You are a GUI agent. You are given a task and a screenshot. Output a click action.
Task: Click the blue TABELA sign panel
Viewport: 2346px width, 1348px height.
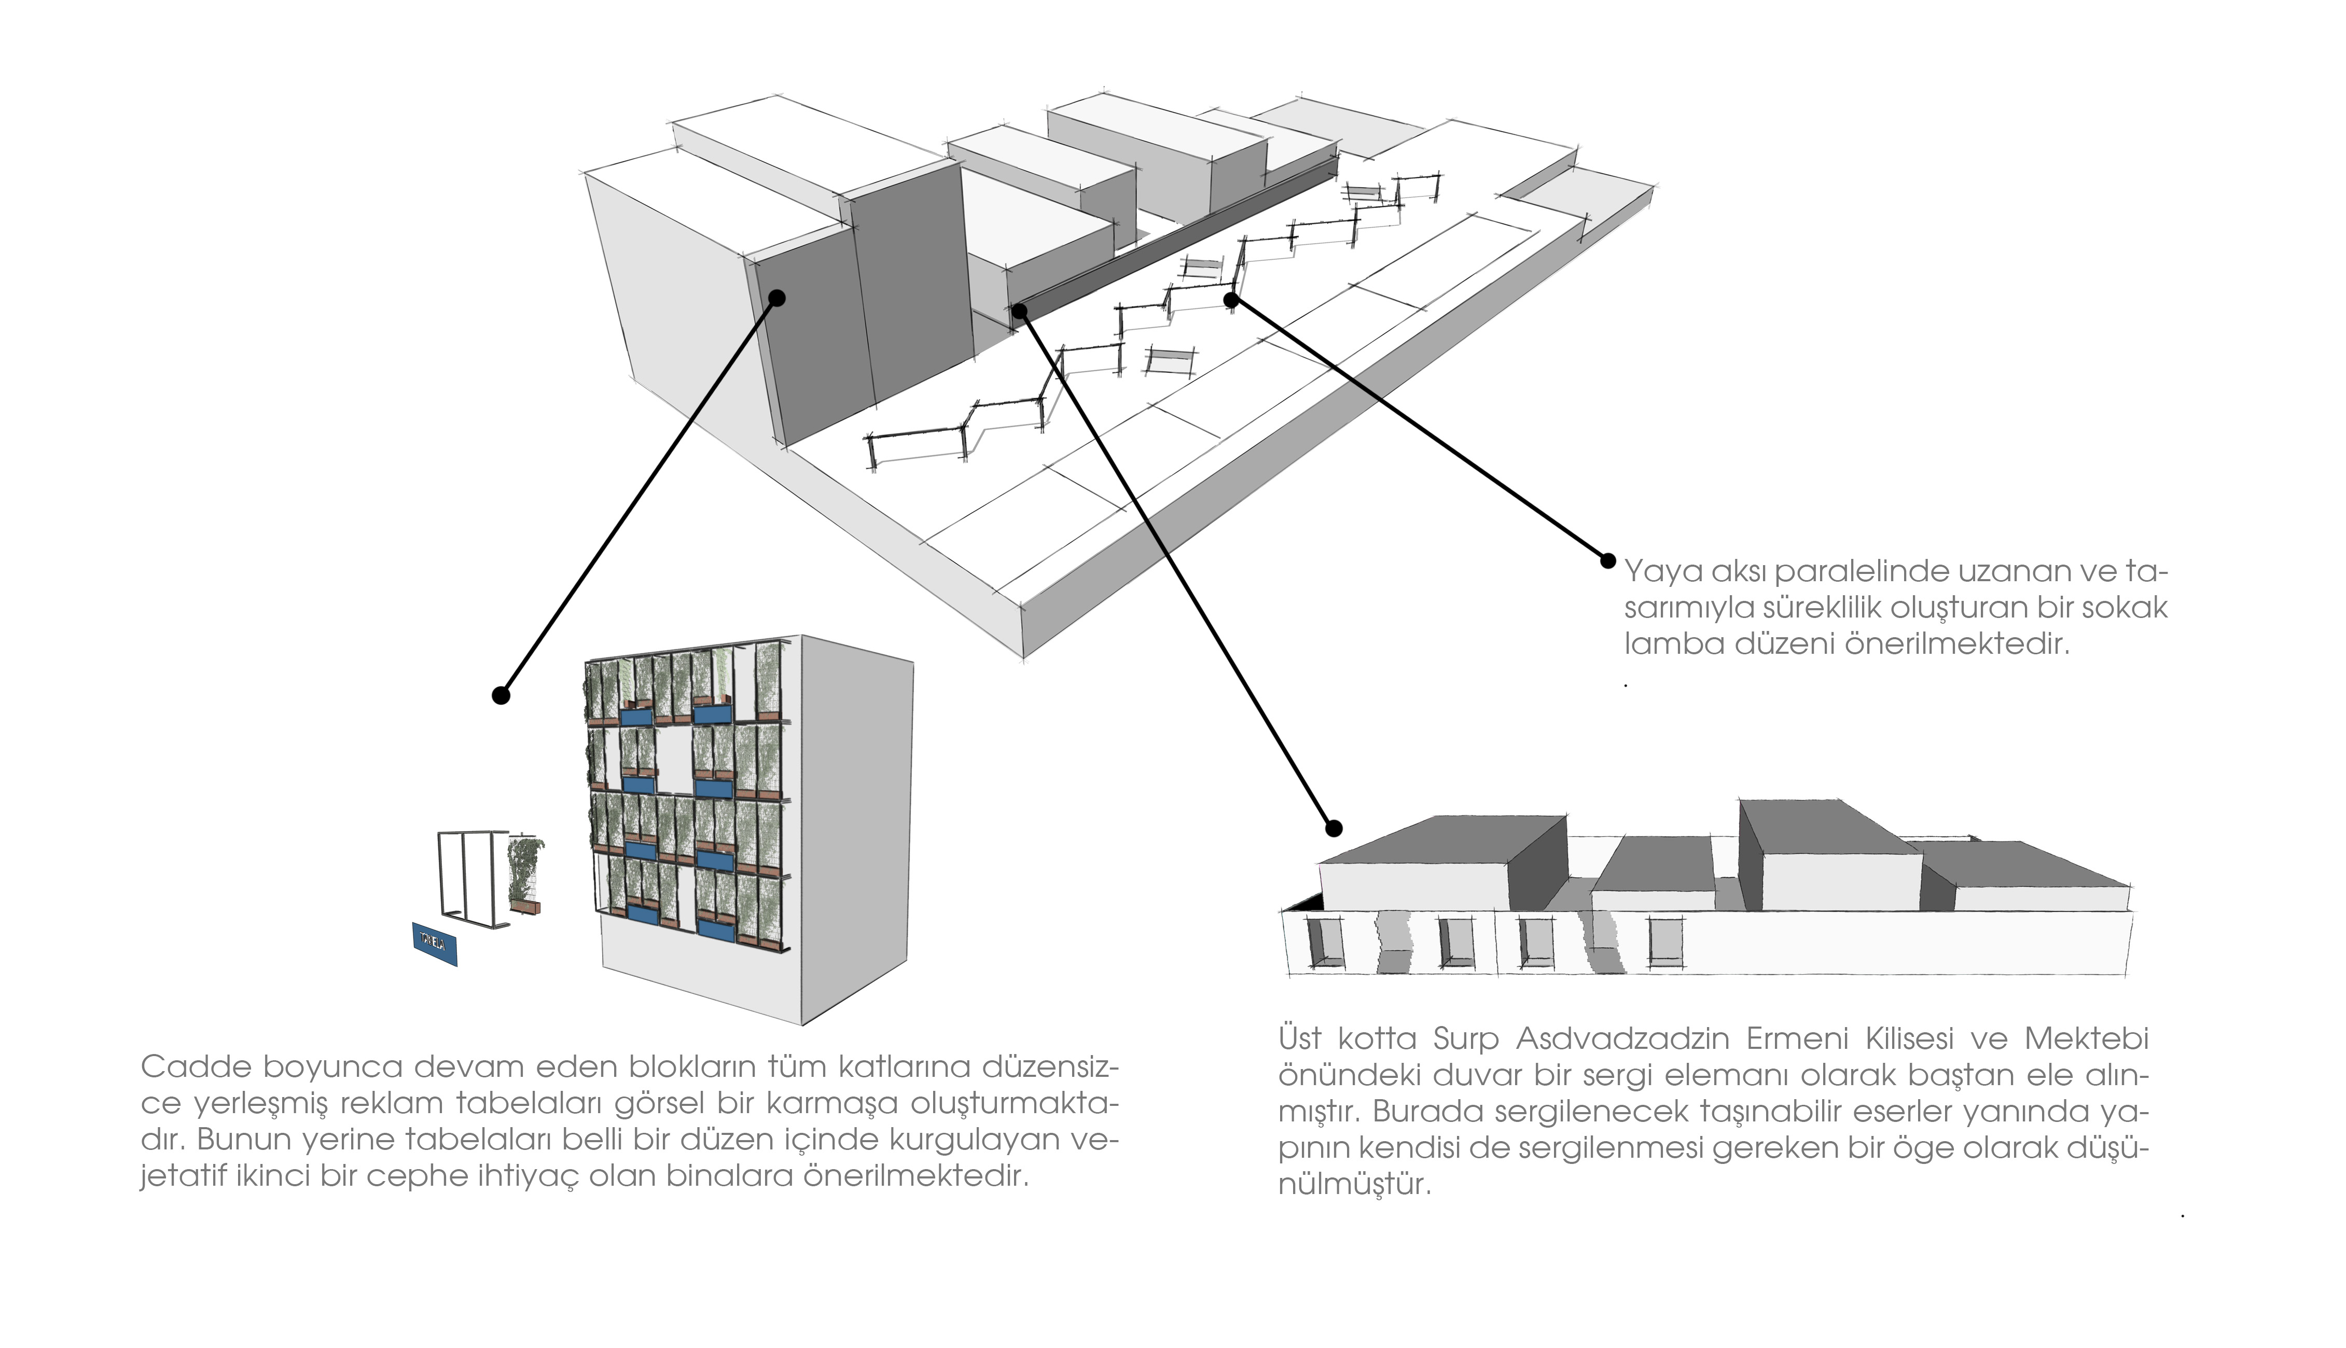pos(434,944)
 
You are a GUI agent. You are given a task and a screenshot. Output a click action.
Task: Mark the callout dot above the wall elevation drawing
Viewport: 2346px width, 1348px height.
pos(1334,827)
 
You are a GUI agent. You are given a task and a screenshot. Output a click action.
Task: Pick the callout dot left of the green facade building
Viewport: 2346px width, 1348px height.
pos(501,694)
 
